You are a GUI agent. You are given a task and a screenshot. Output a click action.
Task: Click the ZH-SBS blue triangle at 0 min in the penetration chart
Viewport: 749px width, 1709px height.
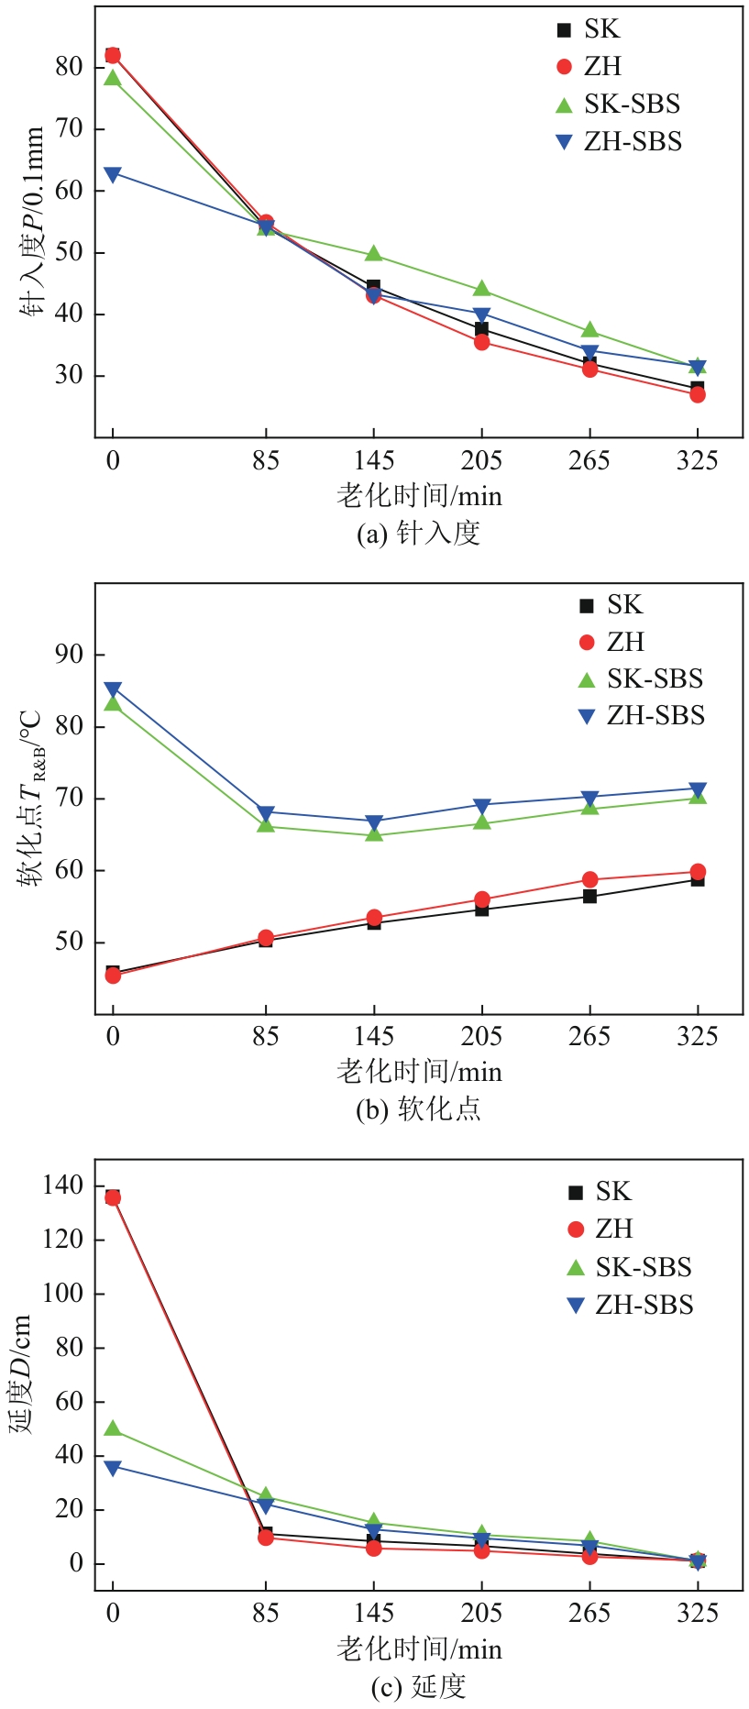pos(113,174)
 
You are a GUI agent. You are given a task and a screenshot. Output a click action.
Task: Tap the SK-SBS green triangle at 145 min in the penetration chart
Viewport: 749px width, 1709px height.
pos(373,254)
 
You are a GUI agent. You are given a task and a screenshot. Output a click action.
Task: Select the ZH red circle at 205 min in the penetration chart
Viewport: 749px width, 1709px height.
pos(481,342)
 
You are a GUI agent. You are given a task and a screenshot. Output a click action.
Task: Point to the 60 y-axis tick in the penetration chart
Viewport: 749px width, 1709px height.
pos(70,191)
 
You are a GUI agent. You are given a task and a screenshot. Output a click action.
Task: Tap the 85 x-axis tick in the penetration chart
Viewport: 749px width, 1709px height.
pos(266,460)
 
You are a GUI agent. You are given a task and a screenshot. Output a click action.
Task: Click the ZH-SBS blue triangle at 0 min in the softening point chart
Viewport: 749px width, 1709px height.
pos(113,689)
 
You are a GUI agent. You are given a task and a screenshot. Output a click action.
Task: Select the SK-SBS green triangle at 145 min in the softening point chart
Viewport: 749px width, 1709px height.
pos(373,834)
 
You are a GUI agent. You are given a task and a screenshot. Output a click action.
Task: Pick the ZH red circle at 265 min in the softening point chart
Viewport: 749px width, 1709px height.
pos(589,879)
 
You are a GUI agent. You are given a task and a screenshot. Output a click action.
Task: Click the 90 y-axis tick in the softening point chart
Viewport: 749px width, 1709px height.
pos(70,655)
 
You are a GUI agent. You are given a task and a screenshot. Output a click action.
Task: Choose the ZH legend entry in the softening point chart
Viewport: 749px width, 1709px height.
pos(624,642)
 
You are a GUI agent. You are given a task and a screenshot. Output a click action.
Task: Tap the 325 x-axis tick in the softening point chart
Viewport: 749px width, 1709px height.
pos(698,1037)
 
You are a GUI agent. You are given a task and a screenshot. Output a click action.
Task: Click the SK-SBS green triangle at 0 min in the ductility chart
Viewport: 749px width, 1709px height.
pos(113,1428)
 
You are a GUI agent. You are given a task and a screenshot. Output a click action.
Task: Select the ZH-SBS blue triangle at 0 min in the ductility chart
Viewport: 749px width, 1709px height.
pos(113,1468)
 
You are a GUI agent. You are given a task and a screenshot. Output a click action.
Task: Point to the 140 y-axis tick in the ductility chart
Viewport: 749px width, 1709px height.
pos(62,1185)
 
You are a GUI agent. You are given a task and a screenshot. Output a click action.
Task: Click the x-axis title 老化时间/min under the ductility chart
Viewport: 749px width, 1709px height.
pos(419,1649)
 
